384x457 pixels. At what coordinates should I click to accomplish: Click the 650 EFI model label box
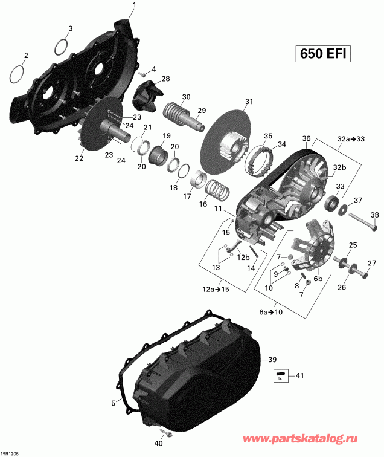(323, 54)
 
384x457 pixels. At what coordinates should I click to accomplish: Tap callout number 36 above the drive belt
(306, 138)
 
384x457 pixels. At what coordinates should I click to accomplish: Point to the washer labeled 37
(342, 209)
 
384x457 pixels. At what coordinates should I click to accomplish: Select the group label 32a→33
(351, 139)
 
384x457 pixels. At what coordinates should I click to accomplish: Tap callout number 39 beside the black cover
(272, 359)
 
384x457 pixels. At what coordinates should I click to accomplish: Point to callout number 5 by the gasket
(113, 403)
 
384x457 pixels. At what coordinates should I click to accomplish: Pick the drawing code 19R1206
(10, 453)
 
